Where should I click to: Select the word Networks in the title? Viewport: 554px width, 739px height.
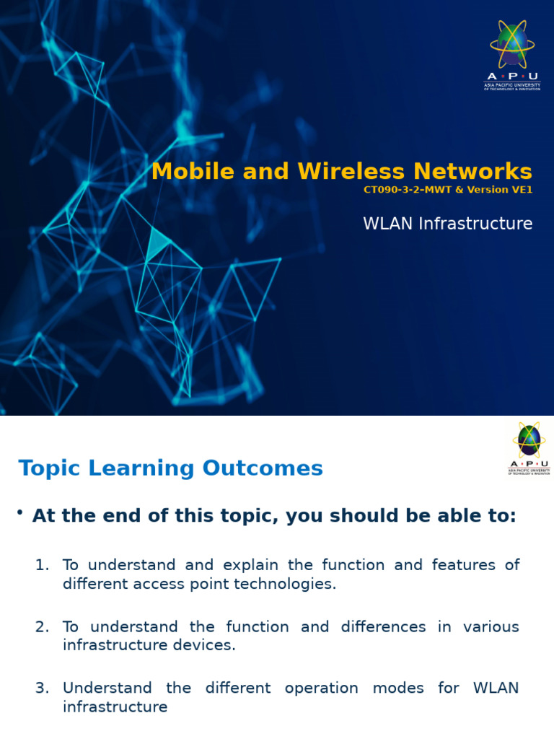pos(472,172)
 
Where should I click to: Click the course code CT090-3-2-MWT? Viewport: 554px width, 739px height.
pos(408,191)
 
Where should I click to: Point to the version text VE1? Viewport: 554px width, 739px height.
pos(520,191)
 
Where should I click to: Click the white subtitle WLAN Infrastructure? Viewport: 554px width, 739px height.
pos(447,224)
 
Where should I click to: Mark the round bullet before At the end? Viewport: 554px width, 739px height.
pos(20,513)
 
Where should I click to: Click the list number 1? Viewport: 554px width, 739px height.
pos(42,565)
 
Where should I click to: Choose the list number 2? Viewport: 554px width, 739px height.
pos(42,627)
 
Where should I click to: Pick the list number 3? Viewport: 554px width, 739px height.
pos(42,688)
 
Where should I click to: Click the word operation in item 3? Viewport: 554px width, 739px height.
pos(321,688)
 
